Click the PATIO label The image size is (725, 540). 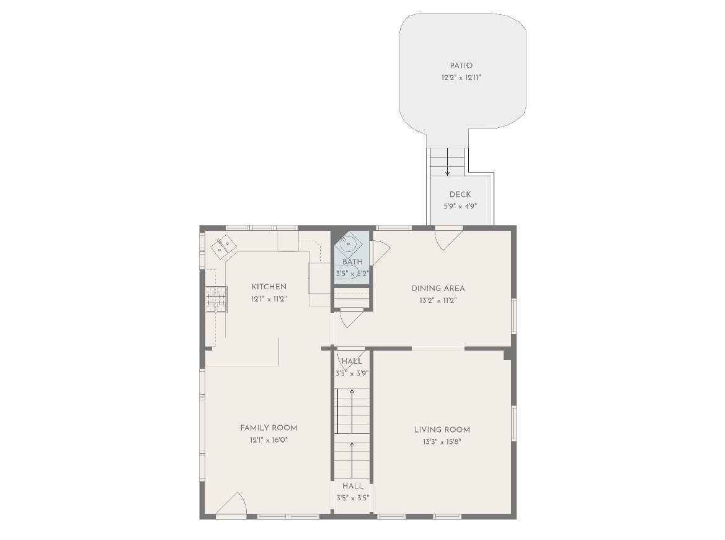point(461,66)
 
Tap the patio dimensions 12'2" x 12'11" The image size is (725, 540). point(461,78)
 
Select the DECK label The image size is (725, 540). point(460,194)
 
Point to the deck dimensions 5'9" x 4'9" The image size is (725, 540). point(460,206)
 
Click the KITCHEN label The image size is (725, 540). point(269,286)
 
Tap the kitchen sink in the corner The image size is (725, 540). point(224,246)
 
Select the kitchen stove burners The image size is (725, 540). point(216,299)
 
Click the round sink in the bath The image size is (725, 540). point(348,243)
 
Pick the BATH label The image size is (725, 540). point(352,262)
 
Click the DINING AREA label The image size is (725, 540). point(438,288)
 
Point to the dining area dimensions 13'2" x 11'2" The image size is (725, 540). point(438,300)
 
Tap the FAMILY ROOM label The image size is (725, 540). point(269,428)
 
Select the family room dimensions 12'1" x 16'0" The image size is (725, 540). point(269,440)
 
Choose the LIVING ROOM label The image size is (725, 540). point(442,430)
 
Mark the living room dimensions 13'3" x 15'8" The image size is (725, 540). point(442,442)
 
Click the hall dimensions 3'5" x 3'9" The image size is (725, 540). point(352,374)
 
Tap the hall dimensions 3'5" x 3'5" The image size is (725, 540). point(353,498)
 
